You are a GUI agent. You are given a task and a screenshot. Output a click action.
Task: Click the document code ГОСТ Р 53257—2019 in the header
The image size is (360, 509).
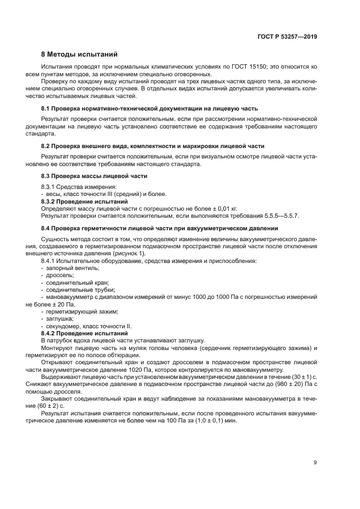pos(286,37)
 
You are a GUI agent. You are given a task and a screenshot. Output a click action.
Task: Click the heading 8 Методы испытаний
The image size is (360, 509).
pos(79,54)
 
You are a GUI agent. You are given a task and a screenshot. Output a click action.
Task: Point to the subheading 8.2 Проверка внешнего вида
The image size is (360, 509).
pos(153,146)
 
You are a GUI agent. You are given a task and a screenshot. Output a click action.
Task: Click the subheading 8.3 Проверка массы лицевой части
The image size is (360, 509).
pos(94,176)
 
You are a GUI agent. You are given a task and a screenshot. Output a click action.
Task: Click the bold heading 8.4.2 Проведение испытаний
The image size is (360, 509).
pos(84,333)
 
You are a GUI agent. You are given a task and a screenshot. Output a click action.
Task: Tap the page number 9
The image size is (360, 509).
pos(315,463)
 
